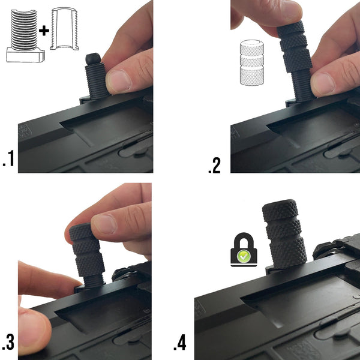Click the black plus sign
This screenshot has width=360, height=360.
(x=44, y=31)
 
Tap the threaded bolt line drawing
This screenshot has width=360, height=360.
(x=25, y=36)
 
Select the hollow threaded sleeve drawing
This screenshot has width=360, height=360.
(x=64, y=29)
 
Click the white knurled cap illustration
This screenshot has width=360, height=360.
(x=252, y=62)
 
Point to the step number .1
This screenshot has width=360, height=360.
(x=9, y=158)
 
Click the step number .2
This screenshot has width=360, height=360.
(x=214, y=166)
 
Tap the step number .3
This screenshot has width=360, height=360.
(x=8, y=343)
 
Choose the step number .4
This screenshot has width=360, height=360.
(x=180, y=343)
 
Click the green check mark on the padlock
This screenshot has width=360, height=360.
(x=244, y=256)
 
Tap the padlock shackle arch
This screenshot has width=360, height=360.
(x=244, y=240)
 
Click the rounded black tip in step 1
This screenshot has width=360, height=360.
(x=93, y=59)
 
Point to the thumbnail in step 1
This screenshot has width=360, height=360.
(x=118, y=81)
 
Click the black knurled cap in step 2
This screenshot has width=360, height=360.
(x=295, y=47)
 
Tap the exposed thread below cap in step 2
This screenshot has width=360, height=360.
(x=302, y=86)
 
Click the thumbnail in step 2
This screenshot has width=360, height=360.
(x=323, y=85)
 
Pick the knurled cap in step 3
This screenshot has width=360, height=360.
(x=87, y=250)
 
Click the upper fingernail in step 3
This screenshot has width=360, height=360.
(x=104, y=224)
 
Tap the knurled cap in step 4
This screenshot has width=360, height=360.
(x=284, y=234)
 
